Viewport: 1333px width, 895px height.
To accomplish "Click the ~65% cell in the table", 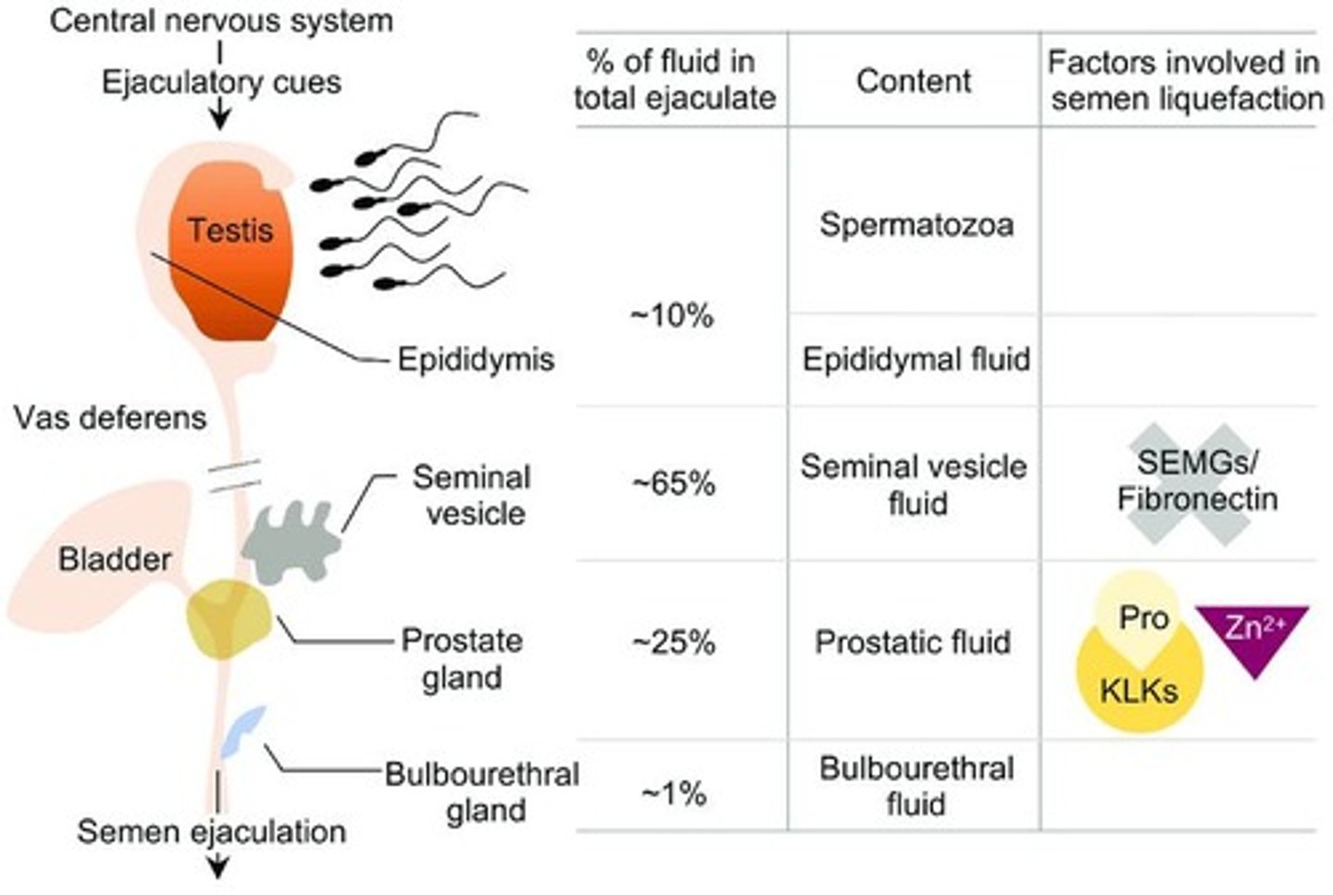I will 673,483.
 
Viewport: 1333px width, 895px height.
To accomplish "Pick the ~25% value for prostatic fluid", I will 673,642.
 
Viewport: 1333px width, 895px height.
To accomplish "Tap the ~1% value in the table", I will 673,793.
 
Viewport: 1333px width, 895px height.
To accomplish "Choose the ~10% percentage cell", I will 673,316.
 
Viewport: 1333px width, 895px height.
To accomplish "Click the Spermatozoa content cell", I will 916,225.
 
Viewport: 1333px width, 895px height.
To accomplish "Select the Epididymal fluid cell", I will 916,359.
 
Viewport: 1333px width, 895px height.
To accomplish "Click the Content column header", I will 914,81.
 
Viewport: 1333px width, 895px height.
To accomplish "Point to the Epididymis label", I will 475,359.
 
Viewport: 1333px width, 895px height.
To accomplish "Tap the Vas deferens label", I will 110,417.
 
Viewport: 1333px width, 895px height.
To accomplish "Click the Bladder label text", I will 115,559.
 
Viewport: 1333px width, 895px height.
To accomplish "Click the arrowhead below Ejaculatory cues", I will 219,119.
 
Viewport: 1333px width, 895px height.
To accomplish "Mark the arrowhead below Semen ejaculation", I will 218,869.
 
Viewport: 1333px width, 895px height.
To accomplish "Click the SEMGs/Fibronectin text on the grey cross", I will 1197,481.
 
